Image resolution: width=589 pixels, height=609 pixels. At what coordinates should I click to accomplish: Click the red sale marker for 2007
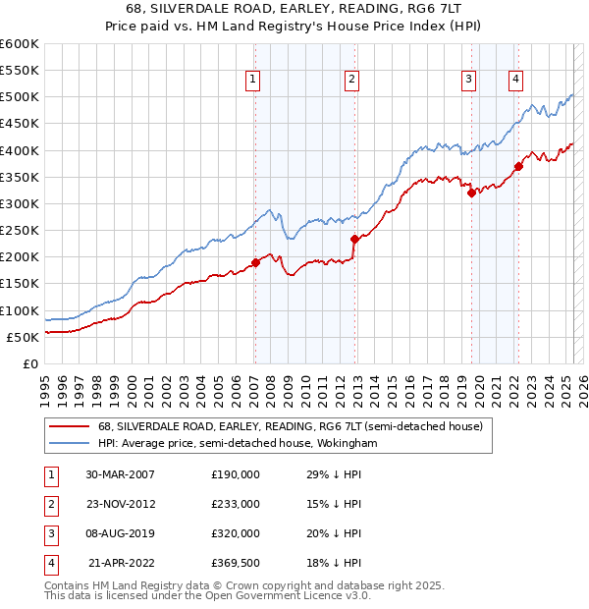(x=255, y=262)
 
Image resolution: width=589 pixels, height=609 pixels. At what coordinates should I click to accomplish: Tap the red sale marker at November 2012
(x=353, y=239)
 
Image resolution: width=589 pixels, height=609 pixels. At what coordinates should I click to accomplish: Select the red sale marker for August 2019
(x=471, y=193)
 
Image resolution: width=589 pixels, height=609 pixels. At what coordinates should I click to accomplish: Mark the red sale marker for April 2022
(x=517, y=166)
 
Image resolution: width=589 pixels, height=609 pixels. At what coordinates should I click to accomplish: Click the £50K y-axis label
(x=23, y=337)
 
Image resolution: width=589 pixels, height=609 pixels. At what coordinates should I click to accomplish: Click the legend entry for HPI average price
(x=238, y=444)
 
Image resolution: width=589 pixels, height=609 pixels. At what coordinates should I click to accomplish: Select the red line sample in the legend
(x=69, y=427)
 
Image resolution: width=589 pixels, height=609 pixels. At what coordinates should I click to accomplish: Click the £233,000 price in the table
(x=236, y=504)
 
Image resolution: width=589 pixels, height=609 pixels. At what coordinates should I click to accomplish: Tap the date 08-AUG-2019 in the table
(x=122, y=533)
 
